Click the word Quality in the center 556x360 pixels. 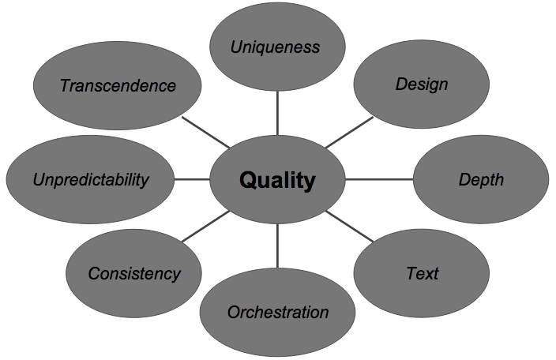point(277,181)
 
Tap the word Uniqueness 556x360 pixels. point(275,47)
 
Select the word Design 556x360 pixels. point(422,84)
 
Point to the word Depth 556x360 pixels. point(481,179)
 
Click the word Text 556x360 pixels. point(422,274)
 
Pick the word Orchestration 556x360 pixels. point(277,312)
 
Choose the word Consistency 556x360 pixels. point(133,274)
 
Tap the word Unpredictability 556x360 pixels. point(90,179)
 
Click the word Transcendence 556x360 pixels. point(118,85)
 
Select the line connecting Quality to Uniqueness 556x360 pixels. point(277,113)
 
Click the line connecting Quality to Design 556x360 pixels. point(348,133)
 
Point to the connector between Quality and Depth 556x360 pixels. point(378,179)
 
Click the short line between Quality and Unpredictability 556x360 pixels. point(192,179)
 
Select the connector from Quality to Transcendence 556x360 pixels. point(205,133)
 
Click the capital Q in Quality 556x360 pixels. point(248,181)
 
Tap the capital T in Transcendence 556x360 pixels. point(65,85)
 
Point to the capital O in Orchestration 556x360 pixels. point(233,312)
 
